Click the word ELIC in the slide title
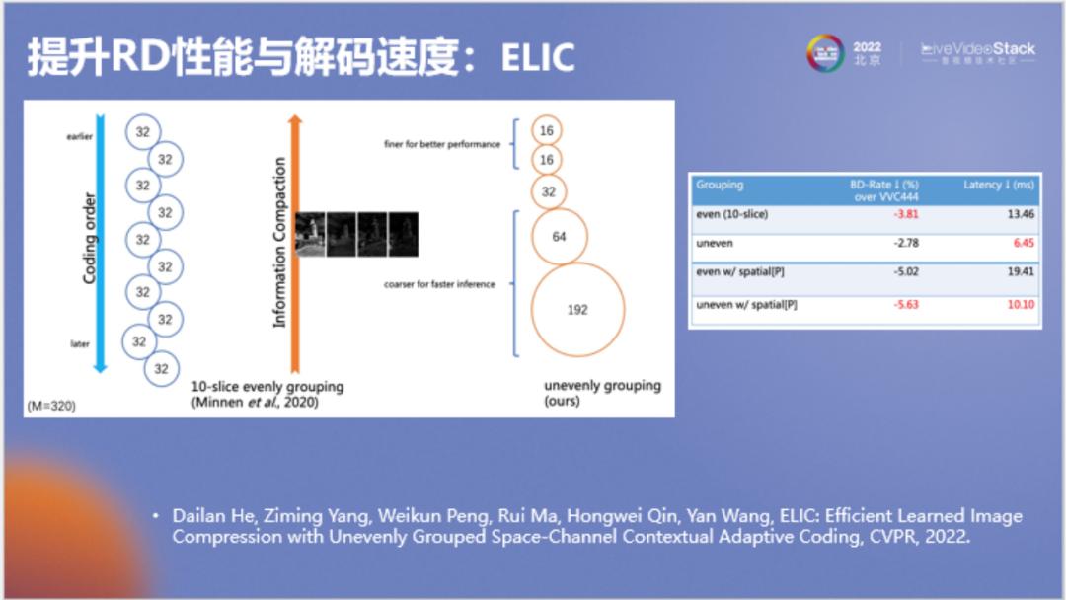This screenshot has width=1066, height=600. (x=538, y=58)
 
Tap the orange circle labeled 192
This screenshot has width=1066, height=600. (x=577, y=310)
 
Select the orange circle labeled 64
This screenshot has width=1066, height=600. (x=559, y=237)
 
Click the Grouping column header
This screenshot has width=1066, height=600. (x=720, y=185)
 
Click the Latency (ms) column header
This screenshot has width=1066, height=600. (x=999, y=185)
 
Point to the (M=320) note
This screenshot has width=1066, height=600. (x=51, y=406)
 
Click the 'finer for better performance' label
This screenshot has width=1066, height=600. (x=442, y=144)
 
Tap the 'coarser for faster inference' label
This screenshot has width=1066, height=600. (x=440, y=284)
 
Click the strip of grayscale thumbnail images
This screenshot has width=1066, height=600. (x=356, y=235)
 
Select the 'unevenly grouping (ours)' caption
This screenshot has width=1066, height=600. (x=602, y=393)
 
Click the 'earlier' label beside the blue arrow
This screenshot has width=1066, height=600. (x=79, y=137)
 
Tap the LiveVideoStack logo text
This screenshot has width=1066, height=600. (x=978, y=48)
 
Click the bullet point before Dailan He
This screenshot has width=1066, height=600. (x=155, y=516)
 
